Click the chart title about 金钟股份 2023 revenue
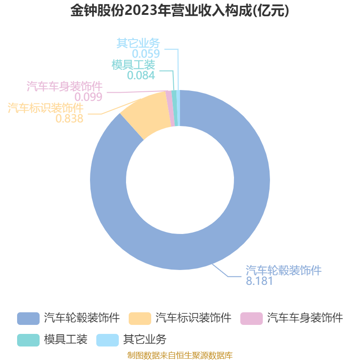coord(180,10)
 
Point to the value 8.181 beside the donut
coord(259,281)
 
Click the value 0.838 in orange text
coord(69,118)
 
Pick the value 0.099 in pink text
coord(88,97)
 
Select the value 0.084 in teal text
coord(141,75)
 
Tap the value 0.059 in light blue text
coord(146,54)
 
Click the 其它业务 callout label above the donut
coord(138,43)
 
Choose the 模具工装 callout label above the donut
coord(133,65)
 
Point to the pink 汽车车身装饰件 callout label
coord(64,86)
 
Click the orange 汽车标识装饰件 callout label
coord(45,108)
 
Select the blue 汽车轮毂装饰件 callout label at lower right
coord(283,270)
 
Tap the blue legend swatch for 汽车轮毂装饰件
coord(28,319)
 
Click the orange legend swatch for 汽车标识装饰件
coord(140,319)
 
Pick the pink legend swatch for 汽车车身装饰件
coord(252,319)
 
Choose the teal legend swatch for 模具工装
coord(28,340)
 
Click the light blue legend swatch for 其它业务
coord(108,340)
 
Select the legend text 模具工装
coord(66,340)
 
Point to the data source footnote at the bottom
coord(180,355)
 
